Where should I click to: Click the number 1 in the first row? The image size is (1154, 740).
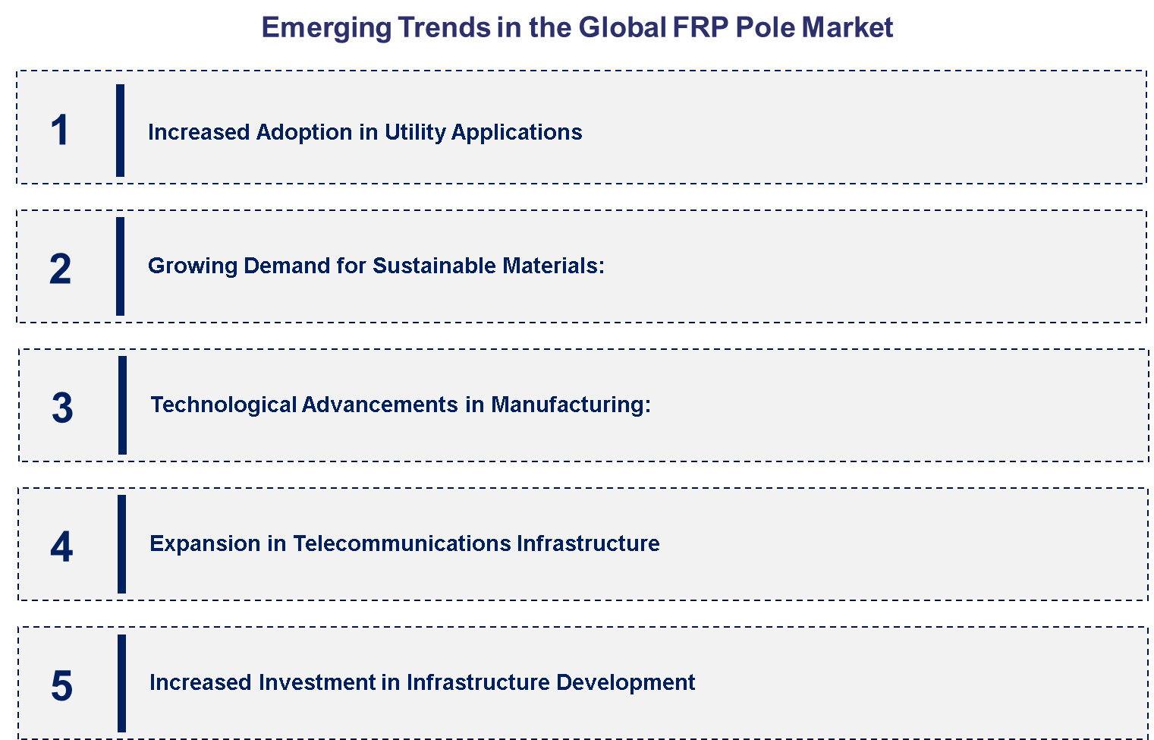pos(59,130)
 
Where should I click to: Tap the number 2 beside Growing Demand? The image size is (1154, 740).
pos(60,269)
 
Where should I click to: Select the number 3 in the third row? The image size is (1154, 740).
pos(62,408)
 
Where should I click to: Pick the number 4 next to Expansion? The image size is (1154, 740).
pos(61,546)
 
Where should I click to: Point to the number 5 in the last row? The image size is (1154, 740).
pos(61,685)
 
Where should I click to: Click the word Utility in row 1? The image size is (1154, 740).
pos(415,133)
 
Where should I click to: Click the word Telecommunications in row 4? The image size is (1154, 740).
pos(401,543)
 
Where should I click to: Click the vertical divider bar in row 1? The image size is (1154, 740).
pos(120,130)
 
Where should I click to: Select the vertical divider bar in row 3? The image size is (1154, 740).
pos(122,405)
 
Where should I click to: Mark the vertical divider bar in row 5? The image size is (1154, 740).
pos(121,683)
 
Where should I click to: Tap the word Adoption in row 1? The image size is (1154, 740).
pos(304,133)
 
